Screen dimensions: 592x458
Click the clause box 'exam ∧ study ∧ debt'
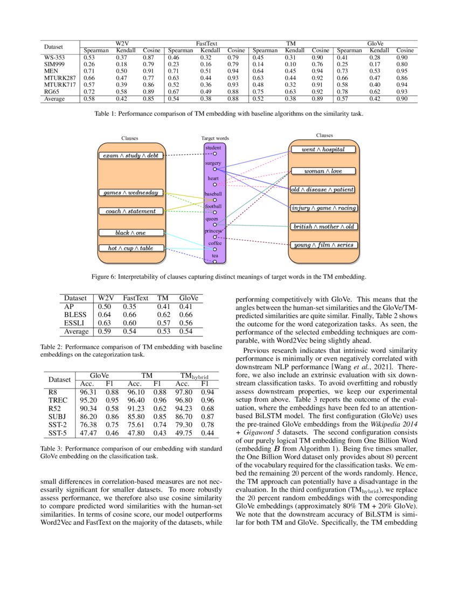pyautogui.click(x=130, y=156)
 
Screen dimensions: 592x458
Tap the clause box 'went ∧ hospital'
pyautogui.click(x=323, y=149)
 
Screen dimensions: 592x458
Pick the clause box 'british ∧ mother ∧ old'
pyautogui.click(x=323, y=227)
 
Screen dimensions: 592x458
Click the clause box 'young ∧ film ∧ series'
pyautogui.click(x=323, y=245)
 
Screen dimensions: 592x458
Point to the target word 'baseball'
pyautogui.click(x=214, y=193)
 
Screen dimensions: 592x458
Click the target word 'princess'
pyautogui.click(x=214, y=231)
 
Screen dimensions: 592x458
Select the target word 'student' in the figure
pyautogui.click(x=214, y=147)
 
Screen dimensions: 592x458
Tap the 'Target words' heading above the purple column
pyautogui.click(x=214, y=138)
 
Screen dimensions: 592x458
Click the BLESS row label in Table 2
pyautogui.click(x=74, y=314)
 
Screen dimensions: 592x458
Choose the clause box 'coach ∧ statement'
pyautogui.click(x=130, y=212)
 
